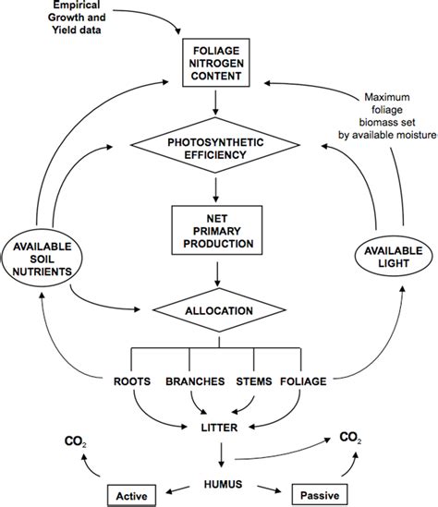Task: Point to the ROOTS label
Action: pyautogui.click(x=132, y=380)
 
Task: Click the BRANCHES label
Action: pyautogui.click(x=191, y=380)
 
